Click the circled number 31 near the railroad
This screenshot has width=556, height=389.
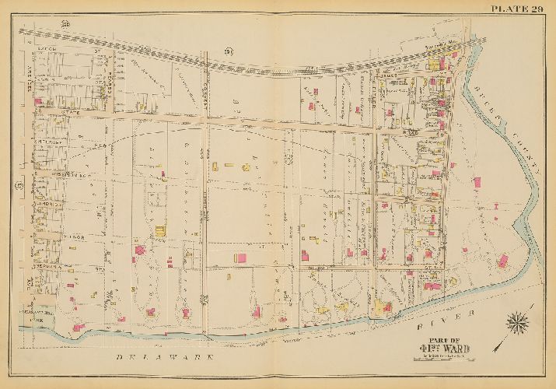point(229,51)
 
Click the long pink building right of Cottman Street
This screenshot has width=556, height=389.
point(242,258)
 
